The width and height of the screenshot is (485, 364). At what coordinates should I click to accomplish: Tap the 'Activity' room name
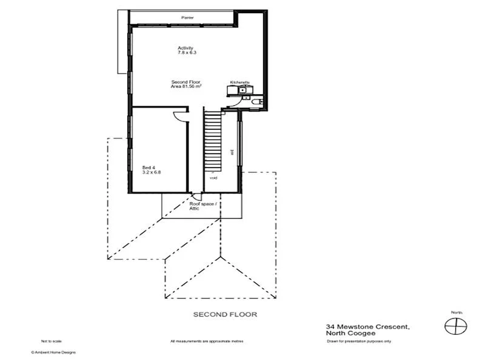(185, 48)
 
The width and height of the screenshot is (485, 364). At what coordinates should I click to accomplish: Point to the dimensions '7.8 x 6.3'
(187, 53)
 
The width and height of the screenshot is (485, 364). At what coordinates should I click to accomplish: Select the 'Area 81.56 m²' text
(186, 87)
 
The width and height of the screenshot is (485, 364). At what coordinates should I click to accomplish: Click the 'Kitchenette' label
(239, 82)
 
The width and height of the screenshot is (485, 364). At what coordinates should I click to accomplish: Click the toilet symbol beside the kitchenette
(258, 101)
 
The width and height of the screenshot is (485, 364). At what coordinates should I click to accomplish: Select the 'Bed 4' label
(149, 167)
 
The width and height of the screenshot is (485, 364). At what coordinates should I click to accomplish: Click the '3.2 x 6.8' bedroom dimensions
(152, 172)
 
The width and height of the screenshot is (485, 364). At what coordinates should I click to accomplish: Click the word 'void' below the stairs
(213, 178)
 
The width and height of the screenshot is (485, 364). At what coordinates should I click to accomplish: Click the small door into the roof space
(196, 196)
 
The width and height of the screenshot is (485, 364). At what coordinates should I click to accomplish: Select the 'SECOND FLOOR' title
(225, 314)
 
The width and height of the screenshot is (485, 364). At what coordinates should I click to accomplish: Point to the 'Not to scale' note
(51, 341)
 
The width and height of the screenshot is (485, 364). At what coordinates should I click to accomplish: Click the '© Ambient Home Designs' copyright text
(53, 351)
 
